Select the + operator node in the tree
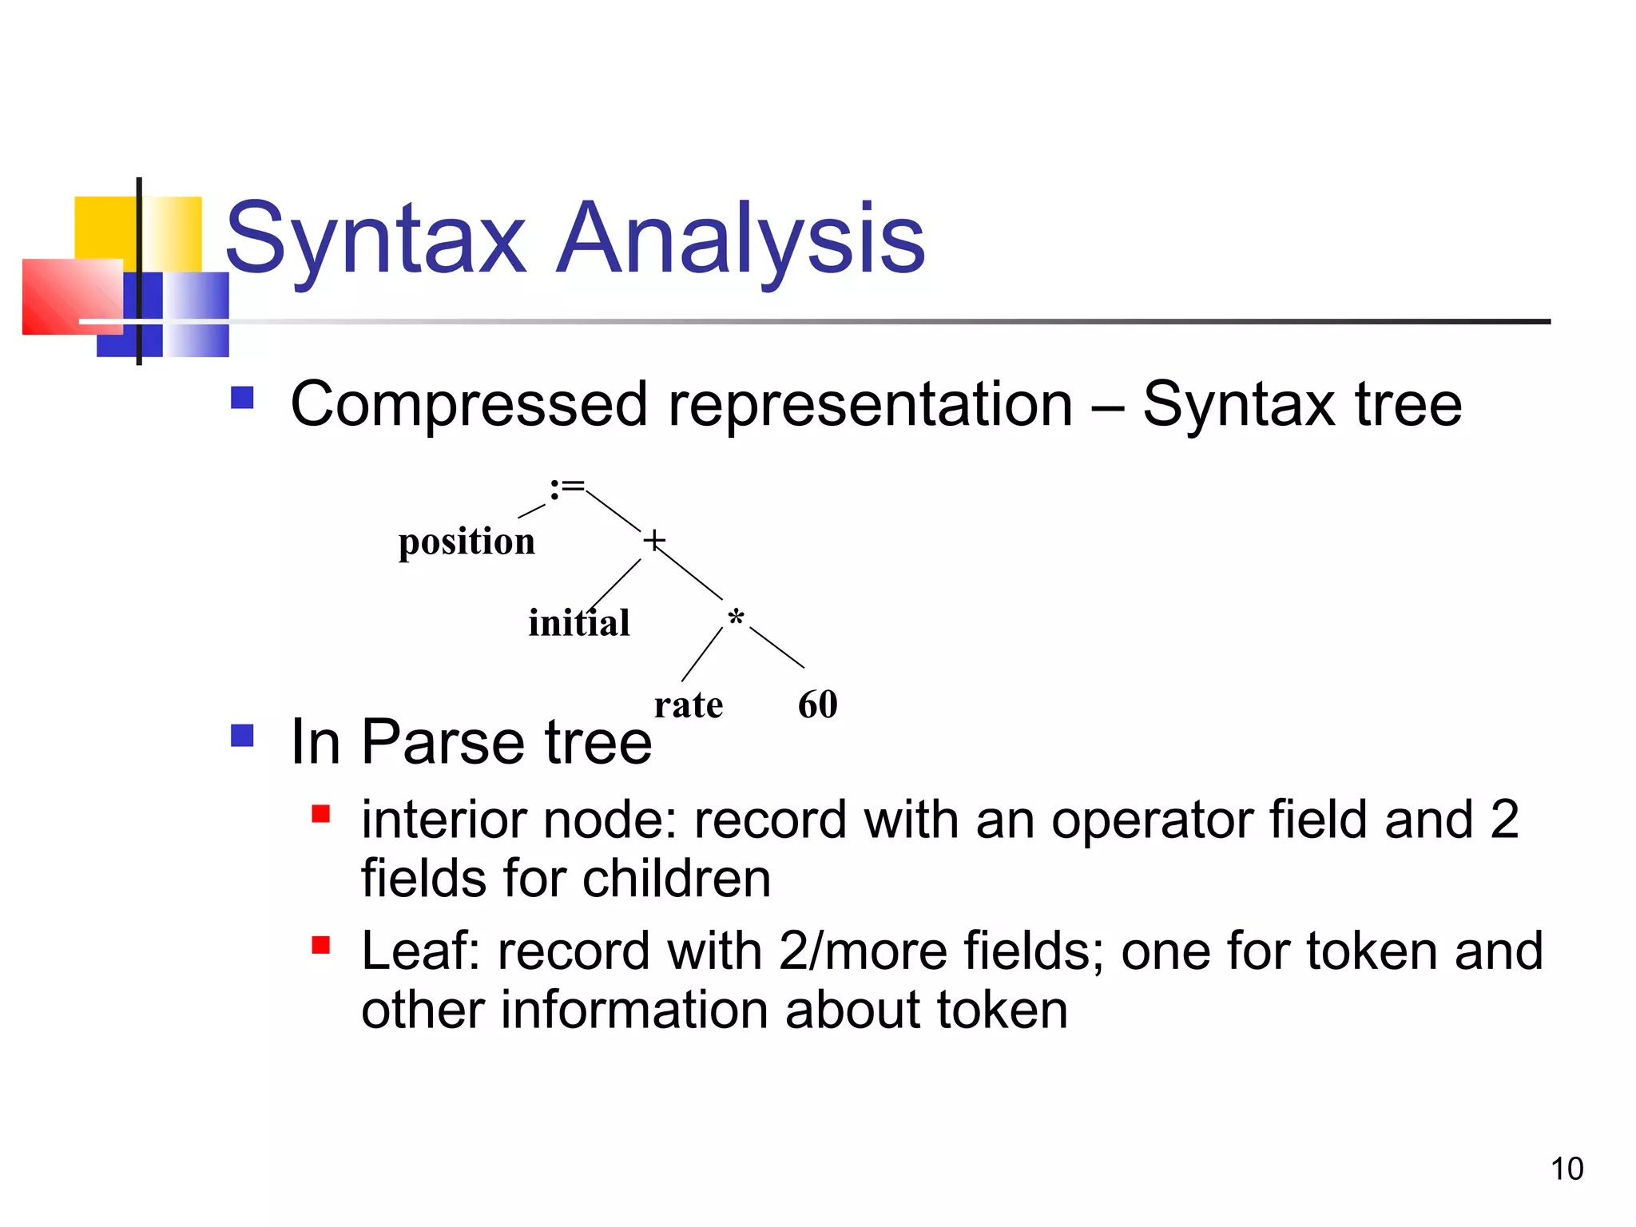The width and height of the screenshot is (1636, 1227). (x=653, y=541)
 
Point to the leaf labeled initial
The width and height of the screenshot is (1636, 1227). (x=579, y=623)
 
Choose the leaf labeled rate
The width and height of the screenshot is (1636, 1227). (x=688, y=705)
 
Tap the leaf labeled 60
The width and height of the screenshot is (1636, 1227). (x=817, y=705)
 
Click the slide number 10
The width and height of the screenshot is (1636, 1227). (x=1567, y=1169)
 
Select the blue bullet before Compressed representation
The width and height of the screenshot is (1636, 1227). (x=242, y=398)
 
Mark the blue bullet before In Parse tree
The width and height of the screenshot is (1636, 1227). (x=242, y=735)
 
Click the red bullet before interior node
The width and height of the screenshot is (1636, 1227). (x=320, y=814)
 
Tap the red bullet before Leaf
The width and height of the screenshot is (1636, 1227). (x=320, y=945)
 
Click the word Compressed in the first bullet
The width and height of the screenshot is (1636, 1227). (x=468, y=405)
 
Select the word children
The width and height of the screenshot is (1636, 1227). (x=676, y=879)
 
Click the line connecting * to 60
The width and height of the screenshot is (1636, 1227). (x=776, y=648)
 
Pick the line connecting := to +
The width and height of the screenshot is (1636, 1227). (x=613, y=511)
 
